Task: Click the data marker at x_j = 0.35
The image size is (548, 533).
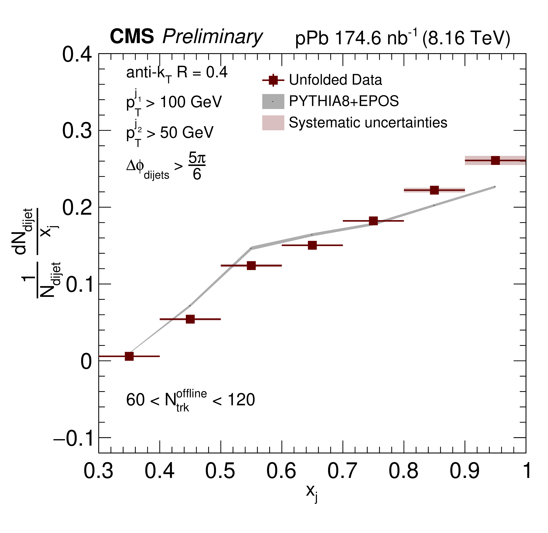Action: tap(129, 356)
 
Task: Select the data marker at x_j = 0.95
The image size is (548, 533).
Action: tap(495, 160)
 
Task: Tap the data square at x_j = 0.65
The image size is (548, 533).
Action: tap(312, 245)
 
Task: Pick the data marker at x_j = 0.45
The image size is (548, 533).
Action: tap(190, 319)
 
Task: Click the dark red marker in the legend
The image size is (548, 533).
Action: tap(273, 80)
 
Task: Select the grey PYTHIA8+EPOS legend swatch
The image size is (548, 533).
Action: tap(273, 101)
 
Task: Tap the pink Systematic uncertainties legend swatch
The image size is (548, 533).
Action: tap(273, 123)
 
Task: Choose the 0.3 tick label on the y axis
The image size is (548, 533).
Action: tap(77, 131)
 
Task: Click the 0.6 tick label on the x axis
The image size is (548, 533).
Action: tap(281, 471)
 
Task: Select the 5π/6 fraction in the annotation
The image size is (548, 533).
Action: tap(197, 166)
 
